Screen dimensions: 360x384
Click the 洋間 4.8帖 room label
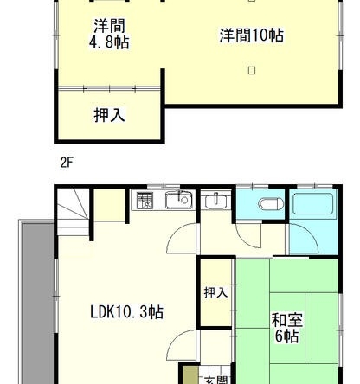pyautogui.click(x=109, y=34)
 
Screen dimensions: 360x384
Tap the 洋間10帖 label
pyautogui.click(x=251, y=35)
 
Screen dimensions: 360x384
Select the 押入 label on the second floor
pyautogui.click(x=109, y=115)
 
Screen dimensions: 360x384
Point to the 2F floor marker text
pyautogui.click(x=67, y=163)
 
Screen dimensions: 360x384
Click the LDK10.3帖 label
pyautogui.click(x=127, y=312)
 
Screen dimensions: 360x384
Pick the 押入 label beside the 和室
pyautogui.click(x=215, y=292)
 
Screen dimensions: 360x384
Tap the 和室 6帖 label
pyautogui.click(x=286, y=329)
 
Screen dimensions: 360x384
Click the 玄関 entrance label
pyautogui.click(x=215, y=380)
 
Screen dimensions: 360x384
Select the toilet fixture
pyautogui.click(x=271, y=204)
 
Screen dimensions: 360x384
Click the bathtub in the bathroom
pyautogui.click(x=313, y=204)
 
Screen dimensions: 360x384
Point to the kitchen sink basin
pyautogui.click(x=179, y=201)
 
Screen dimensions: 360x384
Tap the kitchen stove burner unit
pyautogui.click(x=145, y=201)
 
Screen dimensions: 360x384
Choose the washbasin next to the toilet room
pyautogui.click(x=216, y=201)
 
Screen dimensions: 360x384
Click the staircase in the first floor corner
pyautogui.click(x=74, y=212)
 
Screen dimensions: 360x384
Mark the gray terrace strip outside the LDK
pyautogui.click(x=38, y=303)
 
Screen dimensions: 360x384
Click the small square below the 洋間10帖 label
pyautogui.click(x=252, y=71)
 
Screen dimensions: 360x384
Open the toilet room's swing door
pyautogui.click(x=247, y=235)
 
